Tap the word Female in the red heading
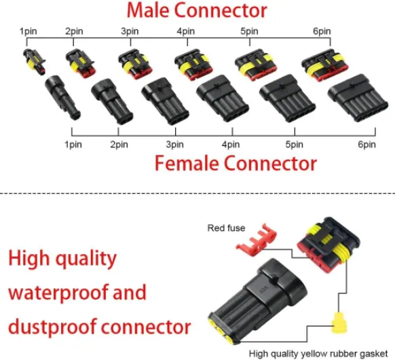click(187, 164)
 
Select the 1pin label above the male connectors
click(29, 31)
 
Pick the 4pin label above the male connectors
click(186, 31)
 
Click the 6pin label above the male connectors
click(322, 31)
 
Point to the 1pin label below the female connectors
click(73, 145)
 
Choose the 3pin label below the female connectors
click(174, 145)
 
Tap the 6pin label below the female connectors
click(366, 145)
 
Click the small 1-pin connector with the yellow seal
click(35, 60)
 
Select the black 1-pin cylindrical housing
click(62, 97)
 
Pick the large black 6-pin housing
click(358, 98)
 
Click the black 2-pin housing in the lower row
click(112, 101)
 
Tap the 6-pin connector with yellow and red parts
click(325, 65)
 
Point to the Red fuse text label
click(226, 228)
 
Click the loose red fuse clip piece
click(256, 240)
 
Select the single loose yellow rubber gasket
click(339, 323)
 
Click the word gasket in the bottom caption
click(373, 354)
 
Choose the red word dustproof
click(52, 327)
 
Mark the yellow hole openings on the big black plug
click(221, 330)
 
